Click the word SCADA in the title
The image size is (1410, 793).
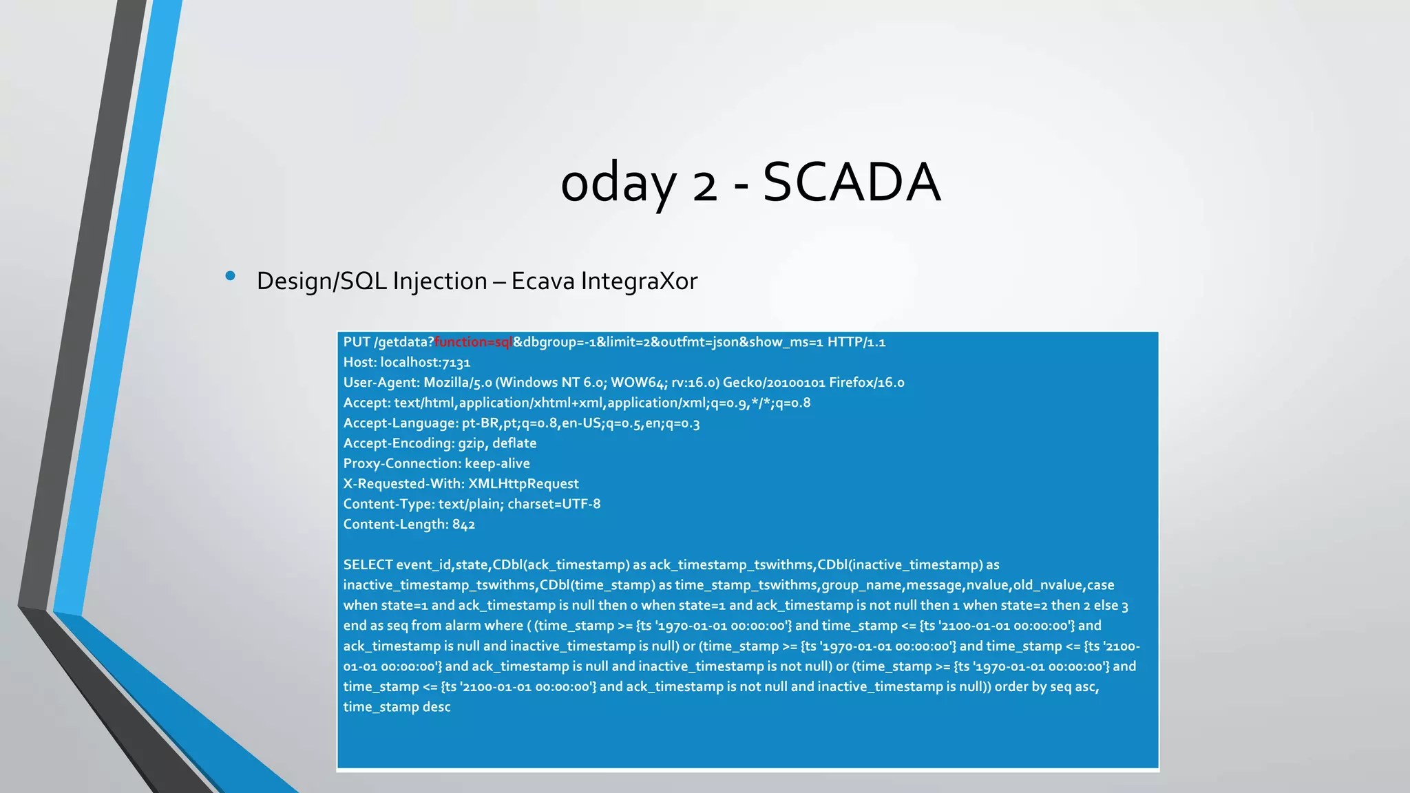[x=851, y=182]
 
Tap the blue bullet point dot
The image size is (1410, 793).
[x=230, y=277]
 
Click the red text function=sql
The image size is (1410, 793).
[x=473, y=342]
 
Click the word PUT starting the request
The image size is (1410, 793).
[x=357, y=342]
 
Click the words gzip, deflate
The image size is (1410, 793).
[x=497, y=443]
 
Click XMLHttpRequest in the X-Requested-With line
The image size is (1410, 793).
[x=523, y=484]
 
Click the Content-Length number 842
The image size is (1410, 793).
[x=463, y=525]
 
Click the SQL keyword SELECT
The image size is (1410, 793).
[x=368, y=565]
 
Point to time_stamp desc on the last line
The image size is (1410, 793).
[x=397, y=707]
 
